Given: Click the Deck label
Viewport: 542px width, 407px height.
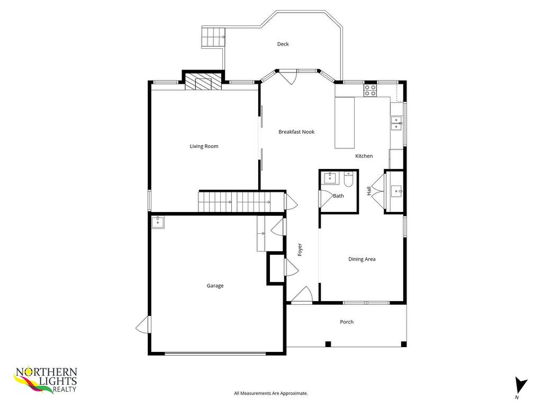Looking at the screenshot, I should pyautogui.click(x=283, y=44).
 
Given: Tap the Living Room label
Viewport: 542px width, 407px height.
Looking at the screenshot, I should pyautogui.click(x=204, y=146).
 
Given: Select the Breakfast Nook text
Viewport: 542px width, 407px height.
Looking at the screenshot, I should pyautogui.click(x=296, y=132).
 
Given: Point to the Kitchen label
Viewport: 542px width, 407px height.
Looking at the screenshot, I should pyautogui.click(x=364, y=156).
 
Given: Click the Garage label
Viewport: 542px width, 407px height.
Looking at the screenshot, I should pyautogui.click(x=215, y=286).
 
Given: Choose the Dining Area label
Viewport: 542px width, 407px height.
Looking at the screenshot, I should pyautogui.click(x=362, y=259).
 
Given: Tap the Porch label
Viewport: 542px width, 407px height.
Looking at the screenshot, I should pyautogui.click(x=347, y=322).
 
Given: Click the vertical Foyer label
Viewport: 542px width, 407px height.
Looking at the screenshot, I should pyautogui.click(x=300, y=250).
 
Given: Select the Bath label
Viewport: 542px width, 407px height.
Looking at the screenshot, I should pyautogui.click(x=338, y=196).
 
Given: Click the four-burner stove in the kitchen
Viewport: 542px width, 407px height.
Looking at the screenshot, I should pyautogui.click(x=370, y=90).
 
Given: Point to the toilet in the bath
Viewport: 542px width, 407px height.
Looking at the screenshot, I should pyautogui.click(x=348, y=180).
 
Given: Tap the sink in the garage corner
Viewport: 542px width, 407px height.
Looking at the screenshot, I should pyautogui.click(x=158, y=222).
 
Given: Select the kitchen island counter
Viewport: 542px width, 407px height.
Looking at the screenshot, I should pyautogui.click(x=345, y=122).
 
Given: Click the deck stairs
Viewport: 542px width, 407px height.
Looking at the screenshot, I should pyautogui.click(x=212, y=37).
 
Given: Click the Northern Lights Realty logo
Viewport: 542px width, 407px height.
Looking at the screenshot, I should pyautogui.click(x=46, y=380).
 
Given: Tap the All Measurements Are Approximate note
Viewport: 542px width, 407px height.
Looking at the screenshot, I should pyautogui.click(x=271, y=393).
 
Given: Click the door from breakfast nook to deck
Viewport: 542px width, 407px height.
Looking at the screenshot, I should pyautogui.click(x=288, y=77).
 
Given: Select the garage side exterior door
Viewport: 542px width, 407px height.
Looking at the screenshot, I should pyautogui.click(x=143, y=324).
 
